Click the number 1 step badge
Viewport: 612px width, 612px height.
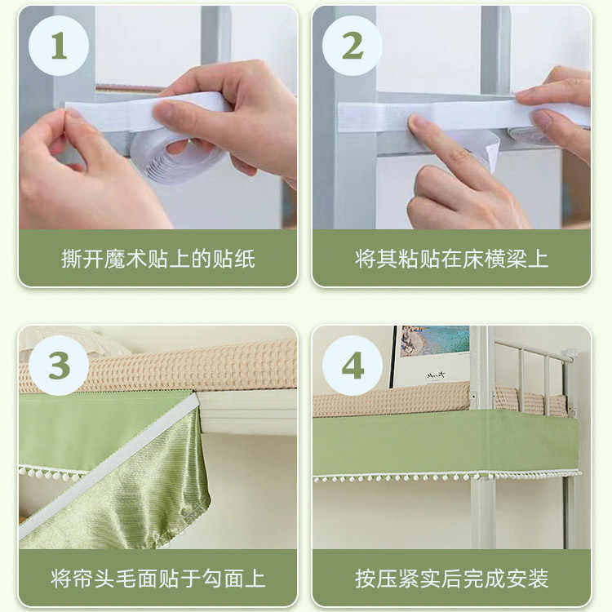[x=59, y=46]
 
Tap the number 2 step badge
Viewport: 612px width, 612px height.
[x=353, y=46]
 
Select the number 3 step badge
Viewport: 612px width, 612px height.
[x=59, y=366]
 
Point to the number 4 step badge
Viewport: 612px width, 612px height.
[x=353, y=366]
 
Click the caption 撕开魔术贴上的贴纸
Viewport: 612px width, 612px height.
[x=158, y=259]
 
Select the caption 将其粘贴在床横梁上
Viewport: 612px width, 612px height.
[x=452, y=259]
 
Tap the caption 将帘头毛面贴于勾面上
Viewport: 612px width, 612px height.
[x=158, y=579]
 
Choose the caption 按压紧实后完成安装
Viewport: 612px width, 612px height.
[x=452, y=579]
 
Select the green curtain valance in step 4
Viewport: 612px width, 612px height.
[x=445, y=445]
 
